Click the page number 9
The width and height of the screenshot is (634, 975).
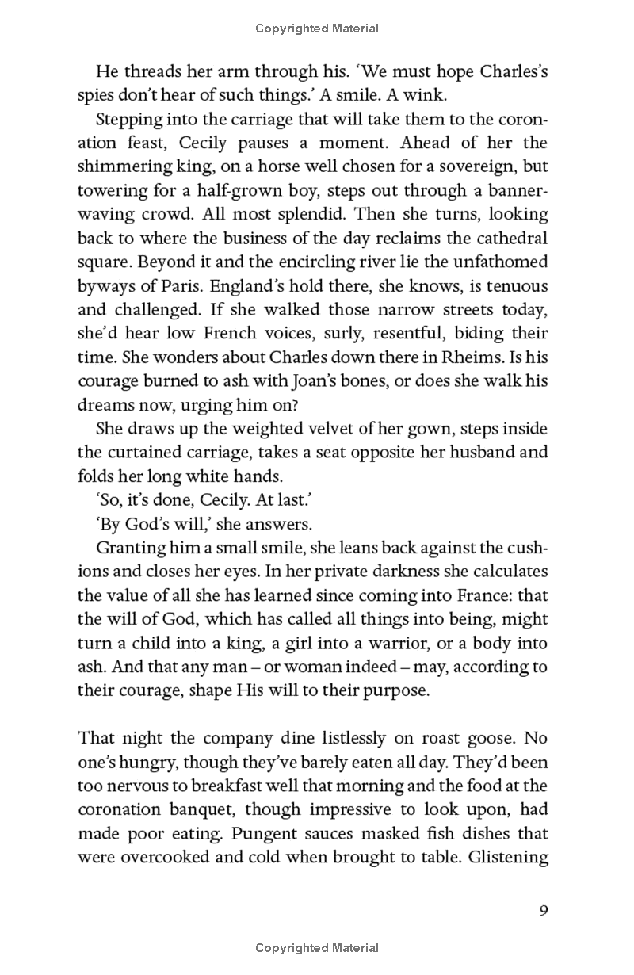[x=543, y=909]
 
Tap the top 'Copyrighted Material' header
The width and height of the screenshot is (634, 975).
[x=317, y=29]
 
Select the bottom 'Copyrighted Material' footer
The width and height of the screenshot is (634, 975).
[x=317, y=947]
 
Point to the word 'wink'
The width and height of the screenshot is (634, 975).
[x=391, y=95]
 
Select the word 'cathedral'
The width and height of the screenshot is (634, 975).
[x=509, y=239]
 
